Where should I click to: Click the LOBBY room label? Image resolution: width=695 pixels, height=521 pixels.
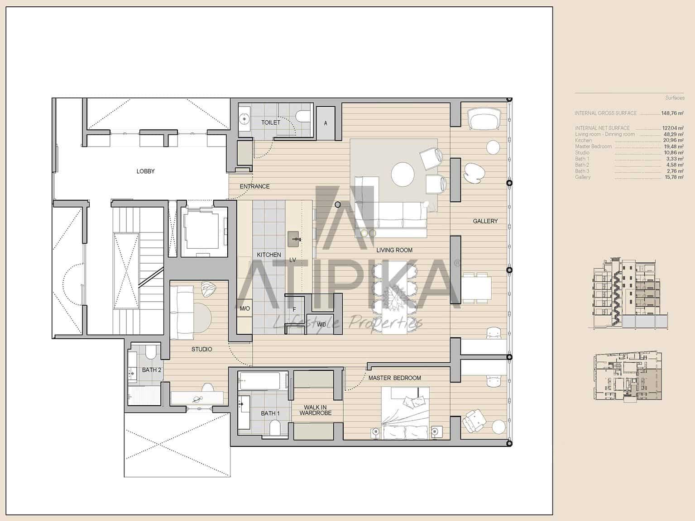145,171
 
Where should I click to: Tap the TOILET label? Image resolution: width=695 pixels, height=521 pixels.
271,123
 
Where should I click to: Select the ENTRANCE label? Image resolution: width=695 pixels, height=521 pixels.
254,186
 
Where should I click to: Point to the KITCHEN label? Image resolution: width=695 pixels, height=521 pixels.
269,255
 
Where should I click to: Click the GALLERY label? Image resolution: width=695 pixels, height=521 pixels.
485,221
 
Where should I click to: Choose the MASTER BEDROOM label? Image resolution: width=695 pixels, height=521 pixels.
394,378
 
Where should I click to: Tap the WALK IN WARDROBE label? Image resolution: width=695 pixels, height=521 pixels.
316,410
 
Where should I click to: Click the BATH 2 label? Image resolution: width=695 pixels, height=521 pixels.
152,370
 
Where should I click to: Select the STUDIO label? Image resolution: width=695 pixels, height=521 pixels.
201,349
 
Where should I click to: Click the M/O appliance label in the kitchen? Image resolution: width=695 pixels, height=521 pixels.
244,309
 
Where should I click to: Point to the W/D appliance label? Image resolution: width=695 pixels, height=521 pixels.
321,325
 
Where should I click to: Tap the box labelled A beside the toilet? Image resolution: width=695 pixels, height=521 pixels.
326,123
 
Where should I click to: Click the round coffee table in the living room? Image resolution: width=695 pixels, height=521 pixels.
403,174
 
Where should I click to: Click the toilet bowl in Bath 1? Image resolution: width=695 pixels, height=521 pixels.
274,427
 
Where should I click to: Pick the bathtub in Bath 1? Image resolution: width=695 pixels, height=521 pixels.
263,381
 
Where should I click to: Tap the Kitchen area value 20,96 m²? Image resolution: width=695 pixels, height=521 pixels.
672,141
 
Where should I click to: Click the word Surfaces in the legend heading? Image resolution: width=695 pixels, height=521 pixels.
675,98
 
